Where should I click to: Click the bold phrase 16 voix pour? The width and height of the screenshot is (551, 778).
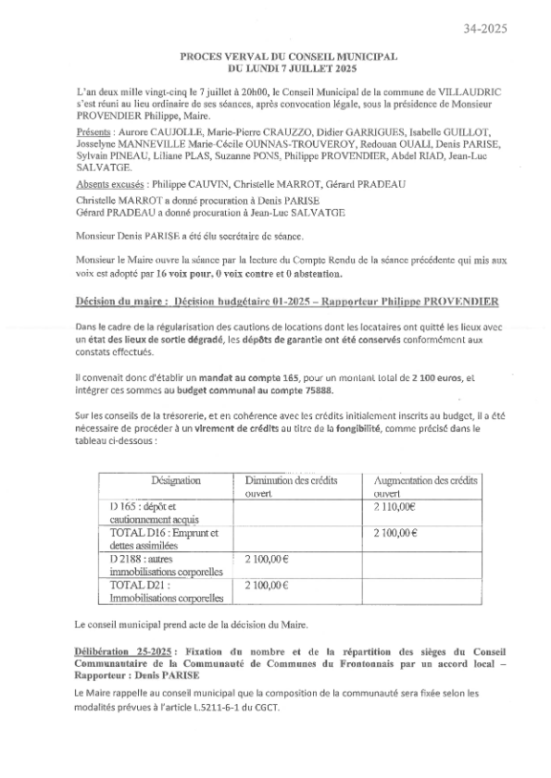point(181,274)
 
